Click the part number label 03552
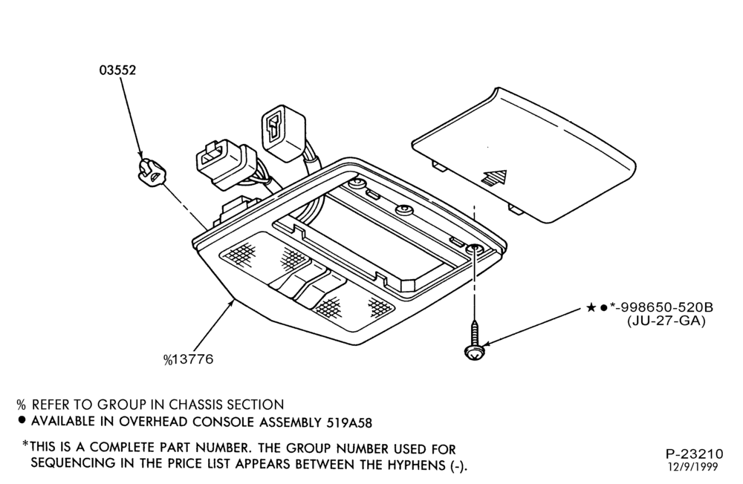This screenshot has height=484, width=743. [117, 70]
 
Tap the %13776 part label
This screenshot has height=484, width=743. [189, 359]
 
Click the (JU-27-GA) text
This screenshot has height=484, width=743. [666, 321]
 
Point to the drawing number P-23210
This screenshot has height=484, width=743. [695, 454]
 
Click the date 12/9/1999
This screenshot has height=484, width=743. [692, 468]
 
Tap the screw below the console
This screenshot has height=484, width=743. [473, 341]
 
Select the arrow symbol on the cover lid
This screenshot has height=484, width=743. [494, 179]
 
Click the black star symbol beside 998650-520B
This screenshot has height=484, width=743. [591, 308]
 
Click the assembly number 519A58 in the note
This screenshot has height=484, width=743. [349, 422]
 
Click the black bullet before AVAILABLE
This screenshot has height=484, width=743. [22, 420]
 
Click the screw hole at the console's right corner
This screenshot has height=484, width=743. [474, 249]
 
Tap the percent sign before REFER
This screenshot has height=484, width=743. [21, 405]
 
